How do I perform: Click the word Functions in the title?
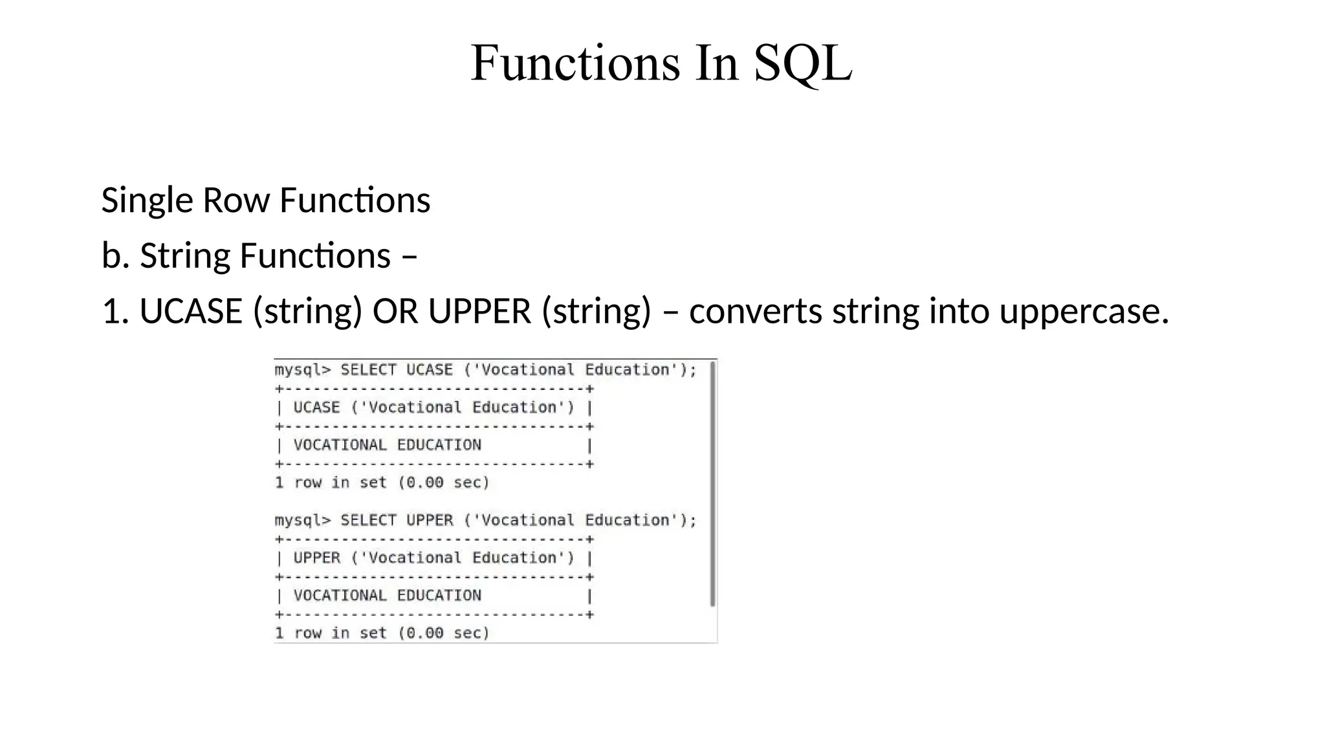575,63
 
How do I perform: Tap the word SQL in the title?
802,63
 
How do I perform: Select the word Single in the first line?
147,200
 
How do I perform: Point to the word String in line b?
184,256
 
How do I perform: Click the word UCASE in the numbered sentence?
191,312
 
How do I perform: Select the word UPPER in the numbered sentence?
479,312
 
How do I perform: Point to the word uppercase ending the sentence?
1084,312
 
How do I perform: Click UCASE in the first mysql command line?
430,370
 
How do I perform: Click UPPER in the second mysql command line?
430,521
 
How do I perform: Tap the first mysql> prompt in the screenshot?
302,371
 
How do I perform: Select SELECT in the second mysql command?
368,521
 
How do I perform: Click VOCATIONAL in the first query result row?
340,446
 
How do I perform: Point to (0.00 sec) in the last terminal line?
444,633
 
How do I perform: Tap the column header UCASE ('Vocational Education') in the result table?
433,408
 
